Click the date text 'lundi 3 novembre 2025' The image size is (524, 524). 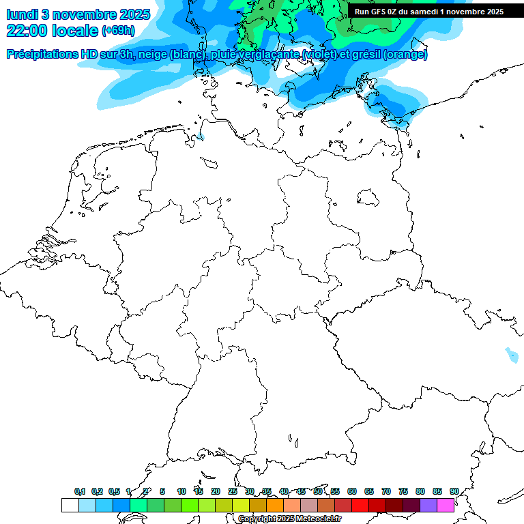tap(78, 14)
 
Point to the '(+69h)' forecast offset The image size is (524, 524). tap(118, 31)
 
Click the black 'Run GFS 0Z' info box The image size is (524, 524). tap(429, 11)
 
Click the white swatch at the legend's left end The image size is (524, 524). tap(70, 505)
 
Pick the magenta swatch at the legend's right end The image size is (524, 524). tap(446, 505)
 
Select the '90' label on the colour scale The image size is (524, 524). tap(454, 491)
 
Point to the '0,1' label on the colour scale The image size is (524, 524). tap(79, 491)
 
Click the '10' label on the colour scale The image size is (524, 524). tap(181, 491)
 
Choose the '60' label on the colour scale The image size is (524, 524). tap(351, 491)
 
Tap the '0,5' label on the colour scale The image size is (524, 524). tap(113, 491)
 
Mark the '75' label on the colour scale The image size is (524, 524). tap(403, 491)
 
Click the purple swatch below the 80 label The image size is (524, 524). tap(428, 505)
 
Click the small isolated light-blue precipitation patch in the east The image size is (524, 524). tap(511, 355)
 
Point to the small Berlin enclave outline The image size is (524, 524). tap(368, 197)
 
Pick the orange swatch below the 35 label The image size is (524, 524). tap(275, 505)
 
